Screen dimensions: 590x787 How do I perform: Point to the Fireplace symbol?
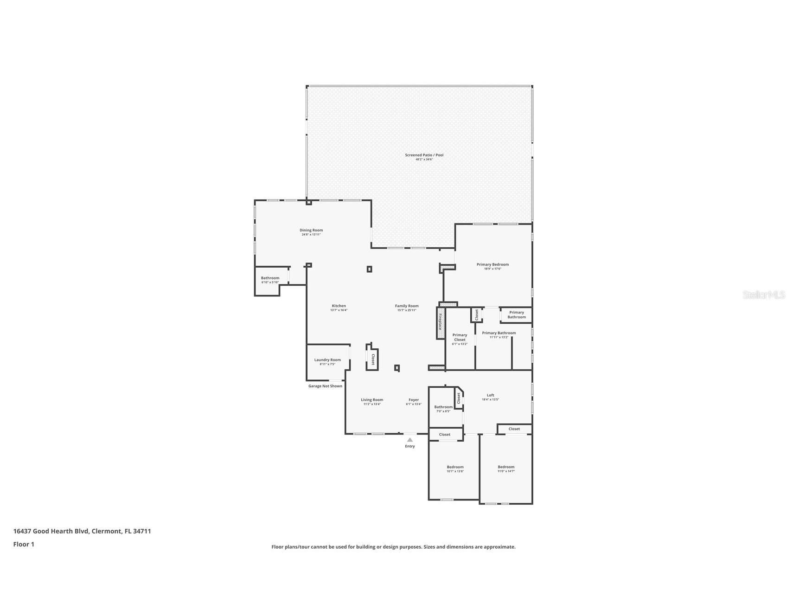440,322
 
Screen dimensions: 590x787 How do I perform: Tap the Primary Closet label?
460,338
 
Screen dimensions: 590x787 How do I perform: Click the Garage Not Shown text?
325,386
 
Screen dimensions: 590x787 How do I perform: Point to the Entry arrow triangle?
410,440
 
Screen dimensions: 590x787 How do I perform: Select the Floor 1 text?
24,545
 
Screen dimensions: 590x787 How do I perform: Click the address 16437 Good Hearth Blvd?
82,531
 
